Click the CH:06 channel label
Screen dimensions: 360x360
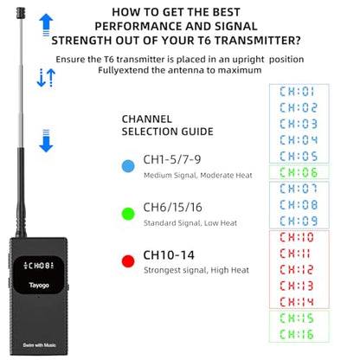pyautogui.click(x=299, y=172)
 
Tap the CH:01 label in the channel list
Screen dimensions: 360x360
pyautogui.click(x=297, y=92)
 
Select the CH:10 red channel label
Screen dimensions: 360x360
pyautogui.click(x=297, y=237)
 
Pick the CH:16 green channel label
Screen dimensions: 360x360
pyautogui.click(x=297, y=334)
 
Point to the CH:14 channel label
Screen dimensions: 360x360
pyautogui.click(x=297, y=302)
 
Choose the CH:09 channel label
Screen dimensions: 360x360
pyautogui.click(x=299, y=221)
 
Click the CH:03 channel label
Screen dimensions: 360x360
pyautogui.click(x=299, y=124)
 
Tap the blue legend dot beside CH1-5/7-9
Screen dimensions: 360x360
pyautogui.click(x=128, y=166)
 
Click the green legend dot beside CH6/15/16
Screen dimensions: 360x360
pyautogui.click(x=128, y=214)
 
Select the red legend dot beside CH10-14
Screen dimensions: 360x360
pyautogui.click(x=128, y=261)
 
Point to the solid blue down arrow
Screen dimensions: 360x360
pyautogui.click(x=46, y=141)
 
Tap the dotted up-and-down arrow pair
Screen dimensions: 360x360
pyautogui.click(x=46, y=78)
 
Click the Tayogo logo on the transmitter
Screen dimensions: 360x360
pyautogui.click(x=39, y=286)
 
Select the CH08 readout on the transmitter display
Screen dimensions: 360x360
pyautogui.click(x=39, y=265)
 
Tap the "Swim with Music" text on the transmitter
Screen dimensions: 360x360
pyautogui.click(x=39, y=345)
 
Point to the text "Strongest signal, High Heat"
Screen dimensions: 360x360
pyautogui.click(x=196, y=270)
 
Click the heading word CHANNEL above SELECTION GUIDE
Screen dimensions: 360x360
pyautogui.click(x=147, y=119)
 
